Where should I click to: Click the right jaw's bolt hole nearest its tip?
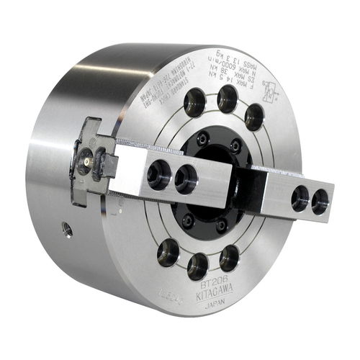[320, 203]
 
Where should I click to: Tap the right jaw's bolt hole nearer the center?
[300, 199]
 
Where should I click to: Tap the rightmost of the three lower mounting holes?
[229, 257]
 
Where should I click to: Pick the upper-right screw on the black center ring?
[235, 148]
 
